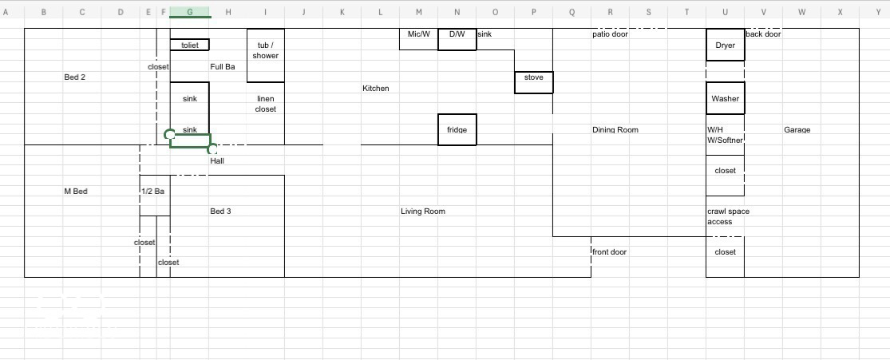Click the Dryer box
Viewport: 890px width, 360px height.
[725, 45]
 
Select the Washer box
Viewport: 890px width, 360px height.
[725, 98]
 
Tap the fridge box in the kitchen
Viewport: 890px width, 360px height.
[457, 129]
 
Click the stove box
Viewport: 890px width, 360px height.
[533, 82]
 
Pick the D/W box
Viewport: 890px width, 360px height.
[457, 39]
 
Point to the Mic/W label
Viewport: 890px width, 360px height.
[419, 34]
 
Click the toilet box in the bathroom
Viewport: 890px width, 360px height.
[190, 45]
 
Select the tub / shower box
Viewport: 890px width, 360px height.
[265, 55]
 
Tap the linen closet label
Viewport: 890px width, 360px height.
[265, 104]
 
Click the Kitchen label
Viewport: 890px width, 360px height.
[376, 88]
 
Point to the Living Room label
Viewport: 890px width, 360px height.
[423, 212]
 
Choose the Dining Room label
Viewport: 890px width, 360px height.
[615, 130]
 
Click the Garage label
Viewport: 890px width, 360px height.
[797, 130]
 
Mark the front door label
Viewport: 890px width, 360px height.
[609, 251]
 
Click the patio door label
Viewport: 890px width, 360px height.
[610, 34]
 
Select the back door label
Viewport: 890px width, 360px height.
[763, 34]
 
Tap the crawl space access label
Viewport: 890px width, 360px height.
[728, 216]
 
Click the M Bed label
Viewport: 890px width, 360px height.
[76, 192]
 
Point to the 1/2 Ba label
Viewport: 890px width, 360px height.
[152, 192]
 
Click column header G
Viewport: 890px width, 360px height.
[190, 12]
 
